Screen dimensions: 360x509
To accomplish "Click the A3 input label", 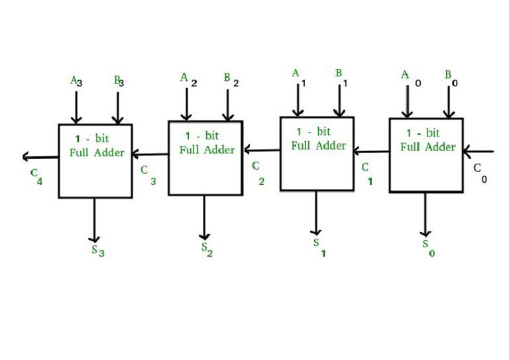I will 76,81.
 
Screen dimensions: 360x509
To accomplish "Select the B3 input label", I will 119,81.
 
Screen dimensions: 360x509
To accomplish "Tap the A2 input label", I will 188,79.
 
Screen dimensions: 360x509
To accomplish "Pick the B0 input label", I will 451,77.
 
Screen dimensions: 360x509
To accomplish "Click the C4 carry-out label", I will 36,176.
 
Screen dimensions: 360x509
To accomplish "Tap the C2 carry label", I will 258,171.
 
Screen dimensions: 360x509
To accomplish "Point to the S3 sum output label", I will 97,251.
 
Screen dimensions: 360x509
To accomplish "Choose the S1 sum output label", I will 319,247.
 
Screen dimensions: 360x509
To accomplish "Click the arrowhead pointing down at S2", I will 205,235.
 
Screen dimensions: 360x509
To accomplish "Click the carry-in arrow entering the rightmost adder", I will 479,152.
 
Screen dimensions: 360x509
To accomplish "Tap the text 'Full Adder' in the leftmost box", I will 97,152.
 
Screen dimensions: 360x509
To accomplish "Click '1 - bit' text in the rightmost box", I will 423,133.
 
